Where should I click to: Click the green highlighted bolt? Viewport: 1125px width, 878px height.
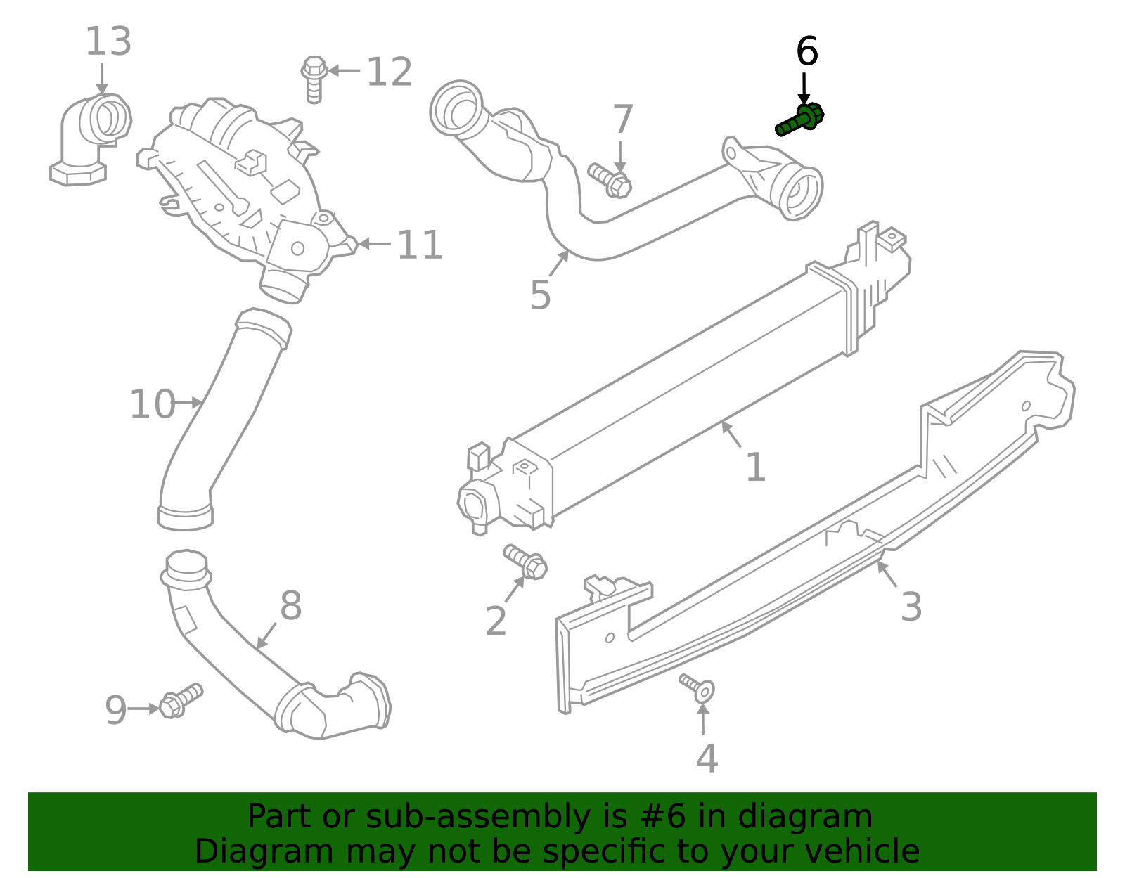(799, 120)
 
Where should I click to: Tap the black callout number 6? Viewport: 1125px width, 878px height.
(806, 52)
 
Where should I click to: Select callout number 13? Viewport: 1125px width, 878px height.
(108, 42)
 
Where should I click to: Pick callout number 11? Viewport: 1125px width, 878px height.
(420, 245)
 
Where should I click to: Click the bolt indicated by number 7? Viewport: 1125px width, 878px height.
(610, 179)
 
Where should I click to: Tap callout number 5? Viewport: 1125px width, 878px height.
(540, 295)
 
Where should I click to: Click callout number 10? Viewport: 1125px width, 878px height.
(152, 405)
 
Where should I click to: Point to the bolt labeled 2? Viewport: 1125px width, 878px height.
(526, 562)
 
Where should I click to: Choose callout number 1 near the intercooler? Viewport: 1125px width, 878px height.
(755, 467)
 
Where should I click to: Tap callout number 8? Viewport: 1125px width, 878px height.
(290, 606)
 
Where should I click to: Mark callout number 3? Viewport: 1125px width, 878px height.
(911, 607)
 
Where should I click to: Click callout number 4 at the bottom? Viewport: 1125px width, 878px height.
(707, 758)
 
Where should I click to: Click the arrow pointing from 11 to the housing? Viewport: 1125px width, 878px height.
(375, 245)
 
